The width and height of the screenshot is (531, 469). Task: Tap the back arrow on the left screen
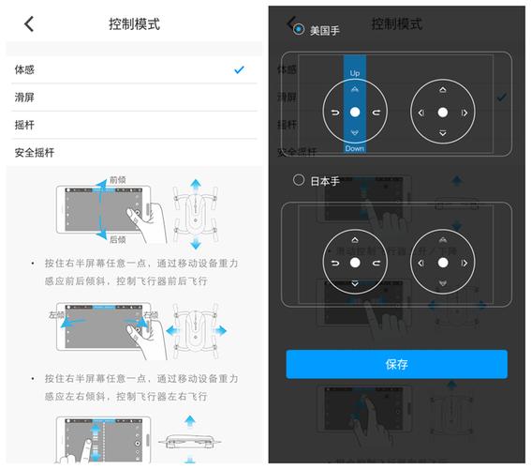point(29,24)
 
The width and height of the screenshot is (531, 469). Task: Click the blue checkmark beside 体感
point(240,69)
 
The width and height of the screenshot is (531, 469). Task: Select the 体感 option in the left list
point(24,70)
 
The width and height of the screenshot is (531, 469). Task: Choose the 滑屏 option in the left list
point(24,98)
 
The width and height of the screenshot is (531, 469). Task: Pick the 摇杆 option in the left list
point(24,125)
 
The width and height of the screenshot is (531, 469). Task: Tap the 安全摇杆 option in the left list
point(35,152)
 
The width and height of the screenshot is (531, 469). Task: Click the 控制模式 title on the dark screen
point(396,24)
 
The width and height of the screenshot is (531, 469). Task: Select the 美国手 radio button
point(299,30)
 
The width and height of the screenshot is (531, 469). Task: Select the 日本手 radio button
point(299,180)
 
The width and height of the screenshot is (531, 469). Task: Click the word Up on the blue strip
point(354,72)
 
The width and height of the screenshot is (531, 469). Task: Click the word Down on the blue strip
point(354,149)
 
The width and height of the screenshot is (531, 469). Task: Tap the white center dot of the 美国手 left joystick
point(354,113)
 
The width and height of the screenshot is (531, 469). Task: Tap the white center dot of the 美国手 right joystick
point(443,113)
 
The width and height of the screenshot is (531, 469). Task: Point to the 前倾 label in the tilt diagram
point(118,179)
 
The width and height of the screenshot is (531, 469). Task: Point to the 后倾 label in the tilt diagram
point(118,239)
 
